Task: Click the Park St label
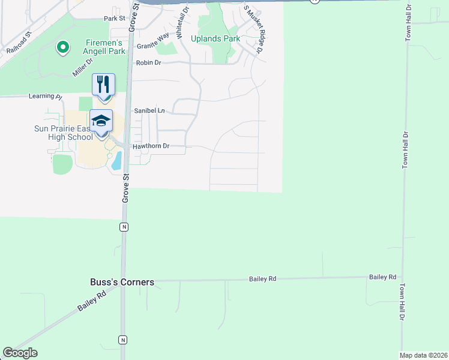(x=113, y=19)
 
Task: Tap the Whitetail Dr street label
(x=182, y=19)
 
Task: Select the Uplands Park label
(x=215, y=39)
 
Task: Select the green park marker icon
(x=62, y=47)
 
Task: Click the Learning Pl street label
(x=45, y=96)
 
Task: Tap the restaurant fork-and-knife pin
(x=103, y=85)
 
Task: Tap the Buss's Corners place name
(x=122, y=282)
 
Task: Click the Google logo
(x=20, y=353)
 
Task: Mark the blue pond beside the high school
(x=116, y=160)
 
